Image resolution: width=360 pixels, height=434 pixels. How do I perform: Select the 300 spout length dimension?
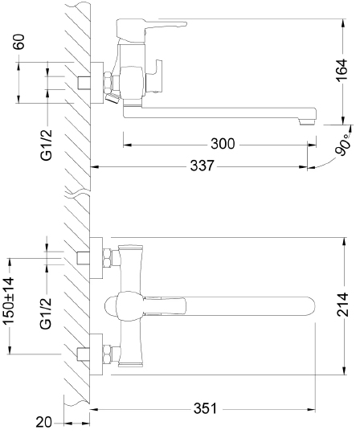point(223,145)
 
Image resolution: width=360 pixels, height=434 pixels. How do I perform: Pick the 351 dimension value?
point(205,408)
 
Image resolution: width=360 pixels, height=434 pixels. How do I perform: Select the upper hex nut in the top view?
point(106,260)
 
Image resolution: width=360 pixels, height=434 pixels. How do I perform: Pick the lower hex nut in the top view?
point(106,351)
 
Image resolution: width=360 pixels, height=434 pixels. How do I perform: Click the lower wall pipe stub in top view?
point(83,351)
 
